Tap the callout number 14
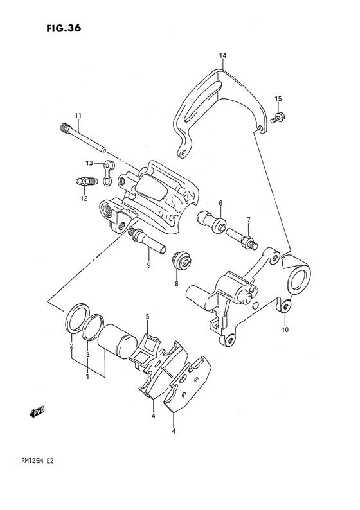pos(222,56)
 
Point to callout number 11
pos(78,115)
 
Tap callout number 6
pos(220,203)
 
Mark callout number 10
pos(285,330)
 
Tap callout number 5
pos(147,317)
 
